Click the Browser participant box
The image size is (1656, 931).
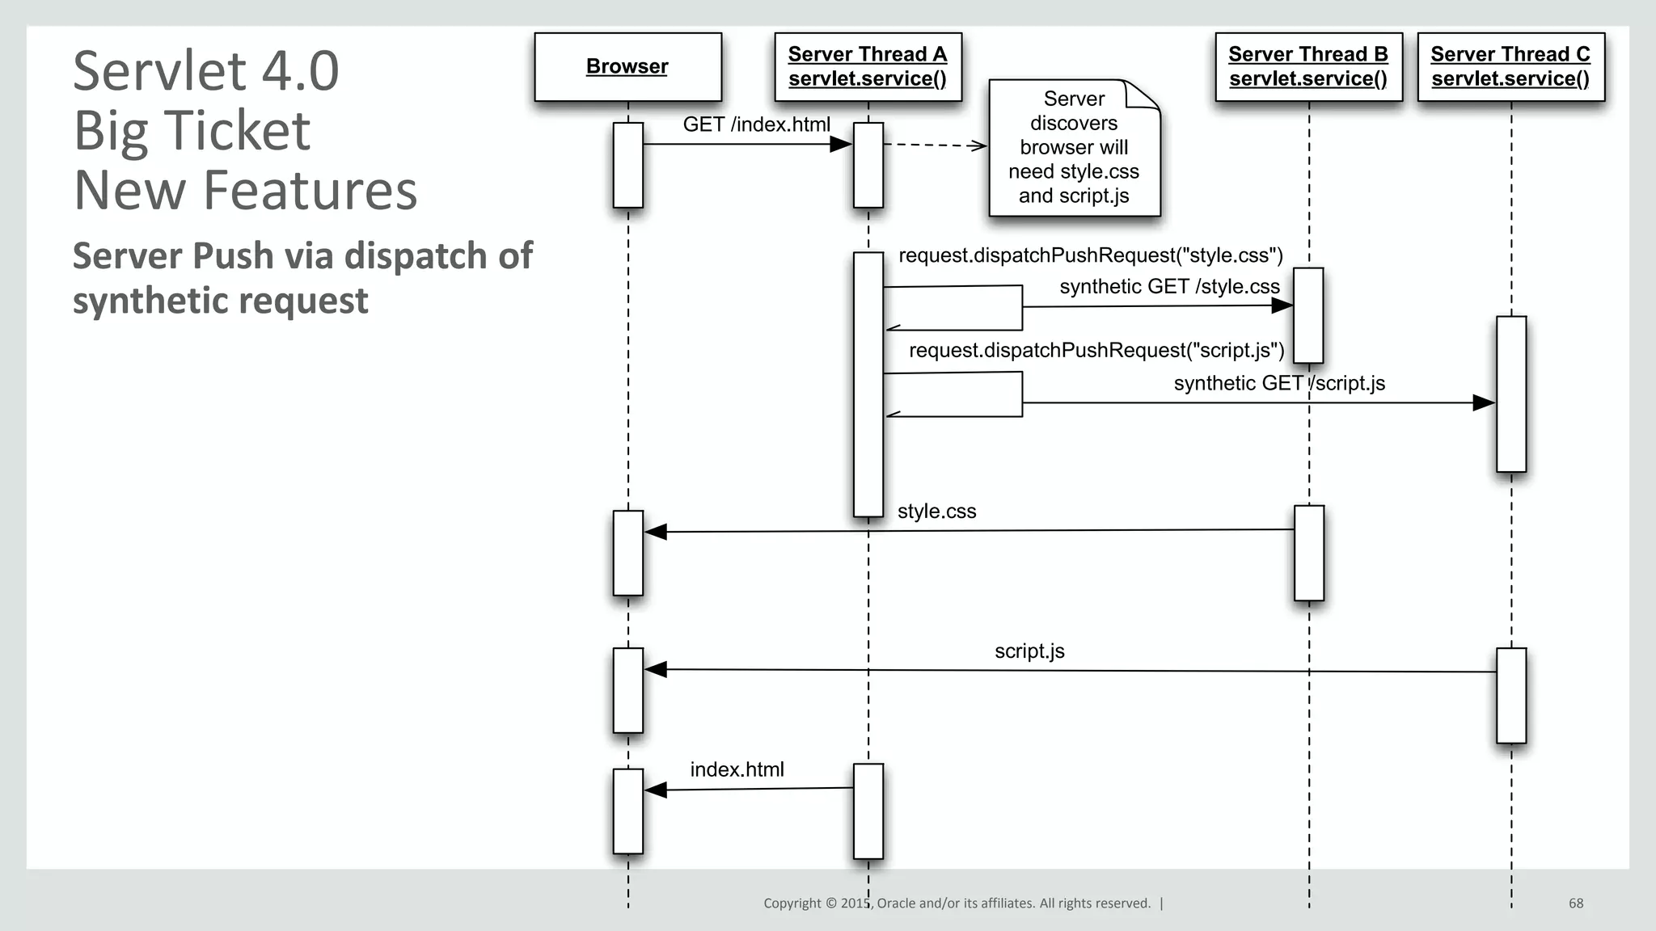(x=627, y=66)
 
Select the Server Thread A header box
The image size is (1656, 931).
(x=868, y=66)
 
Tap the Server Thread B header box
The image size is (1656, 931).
(x=1308, y=66)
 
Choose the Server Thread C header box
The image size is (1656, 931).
(x=1510, y=66)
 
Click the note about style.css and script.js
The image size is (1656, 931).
(x=1074, y=148)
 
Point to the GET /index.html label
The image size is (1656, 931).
(x=756, y=124)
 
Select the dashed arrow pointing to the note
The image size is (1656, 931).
(x=935, y=145)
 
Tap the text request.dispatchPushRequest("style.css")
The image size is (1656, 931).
(x=1091, y=255)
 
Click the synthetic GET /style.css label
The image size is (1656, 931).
(x=1169, y=287)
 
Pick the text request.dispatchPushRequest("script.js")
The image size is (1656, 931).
(x=1096, y=350)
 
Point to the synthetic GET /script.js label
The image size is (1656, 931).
(x=1279, y=383)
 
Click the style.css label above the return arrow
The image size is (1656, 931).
(x=936, y=512)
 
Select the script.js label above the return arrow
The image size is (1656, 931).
(x=1029, y=651)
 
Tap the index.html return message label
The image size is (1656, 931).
(x=737, y=769)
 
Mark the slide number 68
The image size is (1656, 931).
(x=1576, y=904)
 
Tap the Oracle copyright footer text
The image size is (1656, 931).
(x=957, y=904)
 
